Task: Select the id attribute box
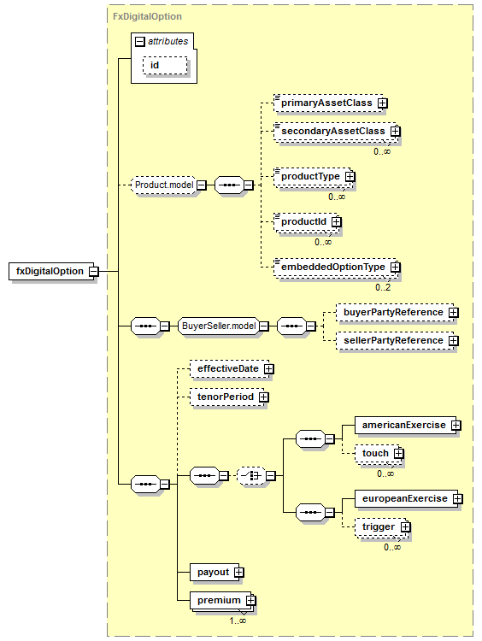pyautogui.click(x=165, y=66)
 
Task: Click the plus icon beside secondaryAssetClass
pyautogui.click(x=396, y=132)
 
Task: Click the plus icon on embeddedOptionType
pyautogui.click(x=396, y=267)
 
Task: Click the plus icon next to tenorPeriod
pyautogui.click(x=264, y=397)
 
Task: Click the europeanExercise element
pyautogui.click(x=407, y=499)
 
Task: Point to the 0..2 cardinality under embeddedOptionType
pyautogui.click(x=383, y=287)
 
